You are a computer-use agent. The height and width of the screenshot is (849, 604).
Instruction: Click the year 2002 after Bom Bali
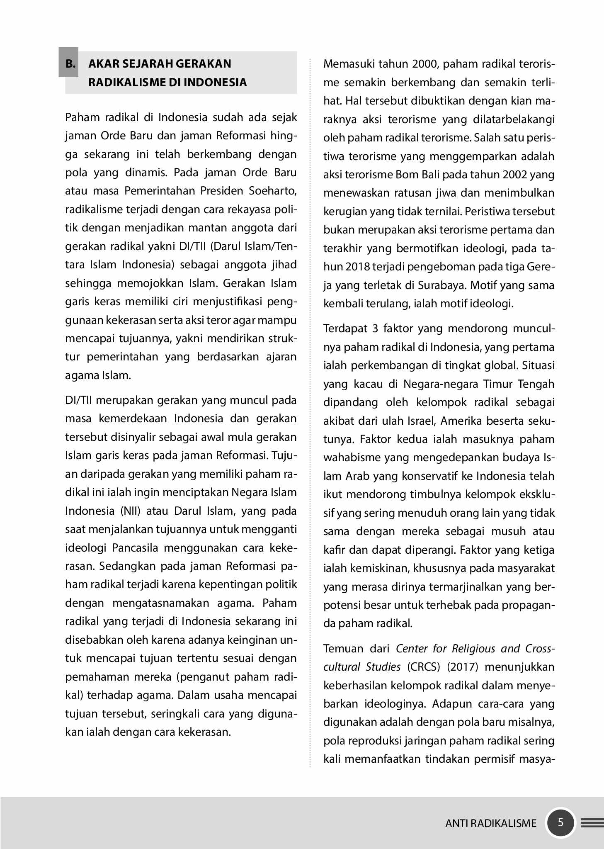514,175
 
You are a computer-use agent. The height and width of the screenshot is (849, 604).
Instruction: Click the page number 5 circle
560,822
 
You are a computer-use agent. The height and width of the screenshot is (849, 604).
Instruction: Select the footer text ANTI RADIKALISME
491,823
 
